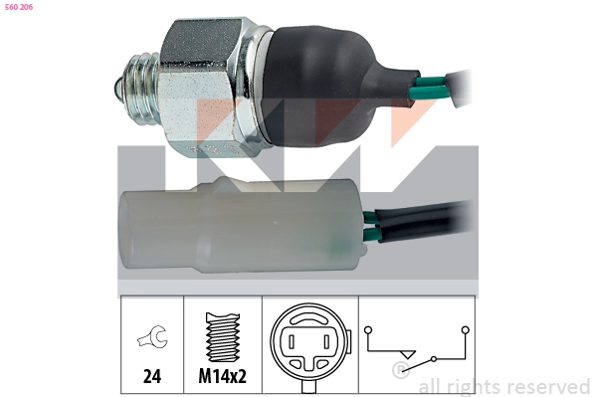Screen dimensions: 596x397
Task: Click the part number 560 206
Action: click(x=19, y=7)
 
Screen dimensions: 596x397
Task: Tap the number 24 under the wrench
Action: click(x=152, y=376)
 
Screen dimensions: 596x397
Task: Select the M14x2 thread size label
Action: click(x=222, y=376)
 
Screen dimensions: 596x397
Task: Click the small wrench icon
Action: click(x=152, y=336)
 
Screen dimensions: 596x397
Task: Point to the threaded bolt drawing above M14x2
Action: click(x=223, y=337)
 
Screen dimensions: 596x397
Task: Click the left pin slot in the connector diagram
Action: click(x=292, y=342)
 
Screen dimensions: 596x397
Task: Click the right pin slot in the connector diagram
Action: click(x=325, y=342)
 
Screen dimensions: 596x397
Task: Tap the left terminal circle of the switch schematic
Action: click(x=368, y=330)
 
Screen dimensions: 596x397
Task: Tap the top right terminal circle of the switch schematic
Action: click(x=466, y=330)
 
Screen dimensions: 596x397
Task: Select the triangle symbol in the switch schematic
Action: click(x=408, y=354)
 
